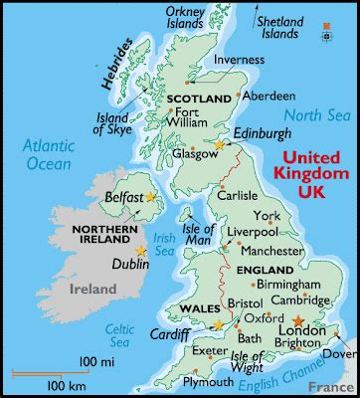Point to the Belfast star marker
click(151, 197)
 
